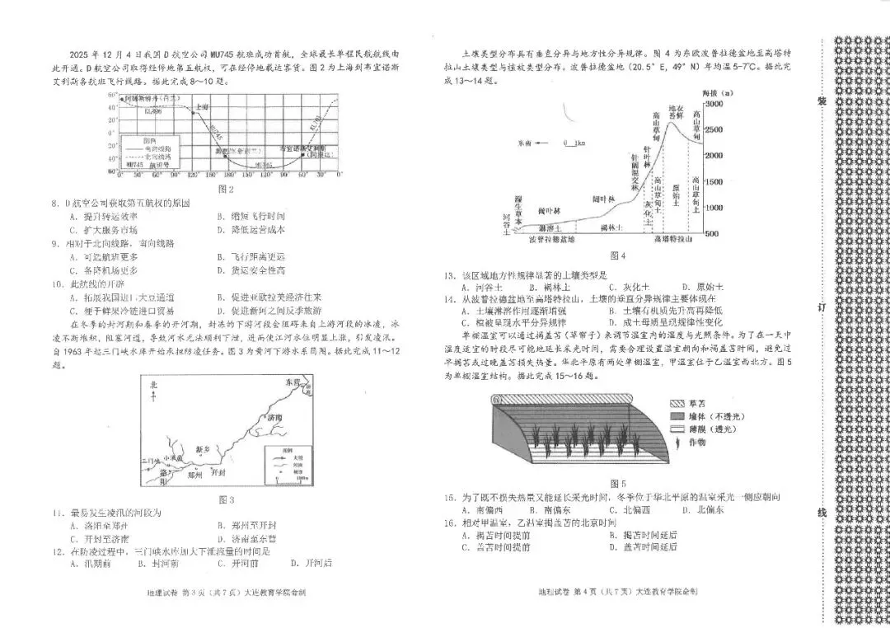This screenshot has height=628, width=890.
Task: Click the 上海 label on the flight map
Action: pos(203,107)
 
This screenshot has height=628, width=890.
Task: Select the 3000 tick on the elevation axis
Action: pos(713,105)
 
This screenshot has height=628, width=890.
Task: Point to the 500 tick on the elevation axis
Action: pos(713,234)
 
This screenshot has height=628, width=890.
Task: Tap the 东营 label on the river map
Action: pos(293,382)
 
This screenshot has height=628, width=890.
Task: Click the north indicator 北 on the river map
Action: pos(154,384)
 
